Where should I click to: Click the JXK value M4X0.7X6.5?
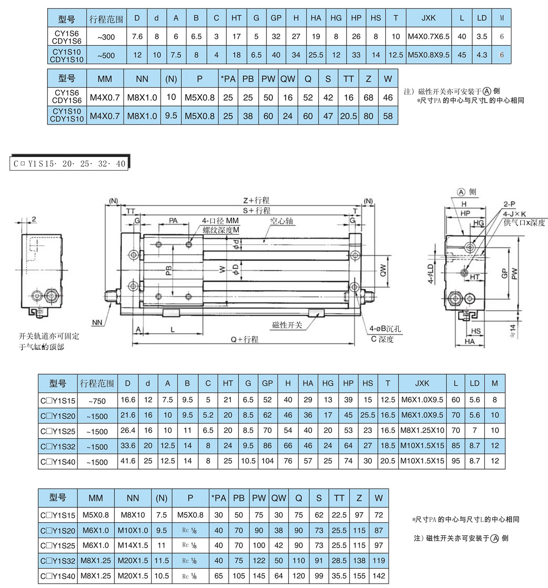[x=429, y=36]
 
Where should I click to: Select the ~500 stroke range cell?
[x=106, y=55]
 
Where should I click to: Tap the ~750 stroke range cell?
[x=97, y=401]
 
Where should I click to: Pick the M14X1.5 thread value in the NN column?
[x=133, y=545]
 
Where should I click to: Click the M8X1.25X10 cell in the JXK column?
[x=422, y=430]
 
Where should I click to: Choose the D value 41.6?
[x=128, y=461]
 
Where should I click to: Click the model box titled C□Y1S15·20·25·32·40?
[x=69, y=163]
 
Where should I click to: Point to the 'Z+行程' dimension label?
[x=256, y=201]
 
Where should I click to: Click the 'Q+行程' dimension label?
[x=244, y=339]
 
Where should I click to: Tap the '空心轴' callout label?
[x=281, y=221]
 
